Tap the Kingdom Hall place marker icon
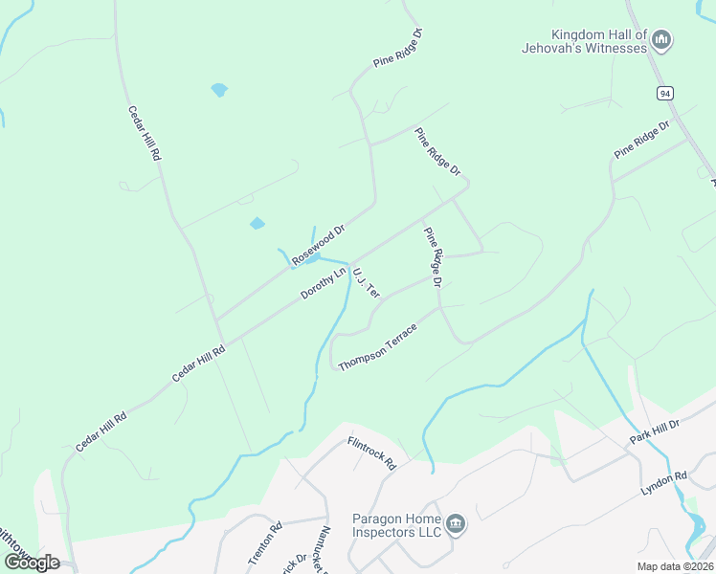661,40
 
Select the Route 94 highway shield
664,93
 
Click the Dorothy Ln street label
323,283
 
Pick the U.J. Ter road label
367,281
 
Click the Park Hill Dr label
654,430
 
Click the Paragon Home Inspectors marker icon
456,524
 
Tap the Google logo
31,562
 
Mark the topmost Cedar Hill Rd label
145,133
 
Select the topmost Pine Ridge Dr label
398,48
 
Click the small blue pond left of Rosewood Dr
257,224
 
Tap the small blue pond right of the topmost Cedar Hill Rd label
219,90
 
